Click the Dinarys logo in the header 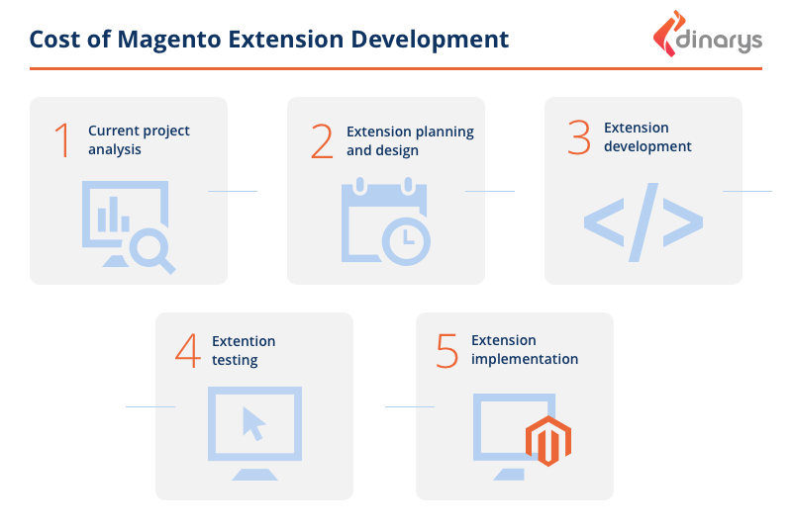click(x=707, y=35)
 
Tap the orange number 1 click(x=62, y=140)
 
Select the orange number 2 click(x=322, y=141)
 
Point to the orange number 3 click(x=579, y=137)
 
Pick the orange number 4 click(x=188, y=350)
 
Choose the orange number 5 click(x=447, y=350)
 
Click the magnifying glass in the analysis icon click(x=152, y=250)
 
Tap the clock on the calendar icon click(x=406, y=241)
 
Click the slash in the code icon click(x=643, y=222)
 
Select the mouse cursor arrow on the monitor click(x=253, y=423)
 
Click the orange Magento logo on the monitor click(x=548, y=441)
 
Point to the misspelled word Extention click(x=244, y=341)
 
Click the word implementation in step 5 click(x=525, y=360)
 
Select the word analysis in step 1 click(x=115, y=149)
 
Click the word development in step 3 click(x=647, y=146)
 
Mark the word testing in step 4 click(x=235, y=360)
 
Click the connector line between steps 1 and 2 click(x=233, y=191)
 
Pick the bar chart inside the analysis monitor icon click(x=114, y=215)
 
